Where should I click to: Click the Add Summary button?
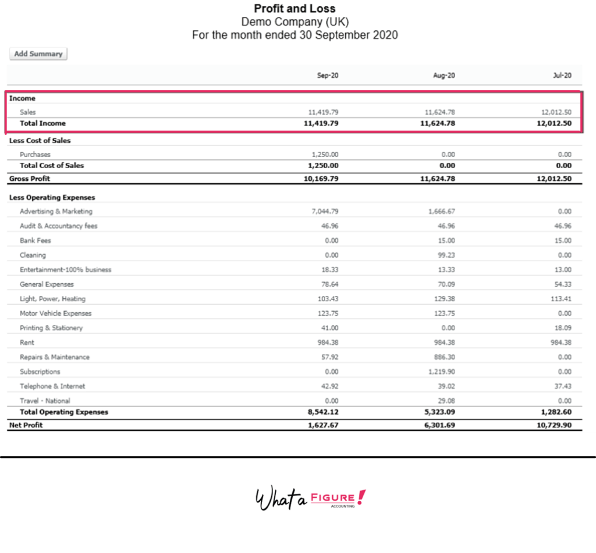tap(38, 54)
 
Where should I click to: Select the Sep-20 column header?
tap(328, 76)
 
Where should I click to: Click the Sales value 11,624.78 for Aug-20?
tap(441, 112)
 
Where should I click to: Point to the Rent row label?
tap(27, 342)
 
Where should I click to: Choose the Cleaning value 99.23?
tap(446, 255)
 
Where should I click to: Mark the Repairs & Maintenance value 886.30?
tap(445, 357)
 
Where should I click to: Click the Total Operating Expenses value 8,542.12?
tap(321, 412)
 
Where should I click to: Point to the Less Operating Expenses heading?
tap(52, 198)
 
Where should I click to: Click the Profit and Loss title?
tap(295, 9)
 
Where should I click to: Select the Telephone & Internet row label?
tap(52, 386)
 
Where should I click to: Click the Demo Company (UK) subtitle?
tap(295, 22)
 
